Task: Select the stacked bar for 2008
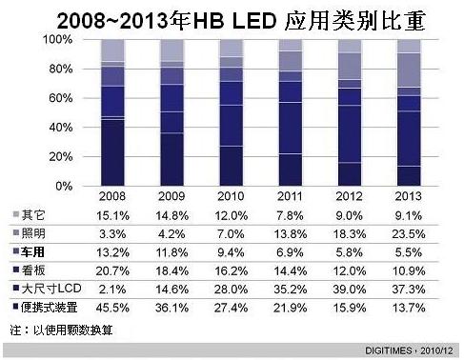pos(112,112)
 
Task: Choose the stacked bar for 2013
pos(410,112)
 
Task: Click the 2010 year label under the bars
pos(232,196)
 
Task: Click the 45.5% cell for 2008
pos(112,305)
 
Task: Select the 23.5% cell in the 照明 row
pos(410,233)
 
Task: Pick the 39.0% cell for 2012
pos(351,287)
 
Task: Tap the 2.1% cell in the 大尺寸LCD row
pos(112,287)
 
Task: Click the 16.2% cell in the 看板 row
pos(232,270)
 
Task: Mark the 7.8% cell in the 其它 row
pos(291,215)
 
